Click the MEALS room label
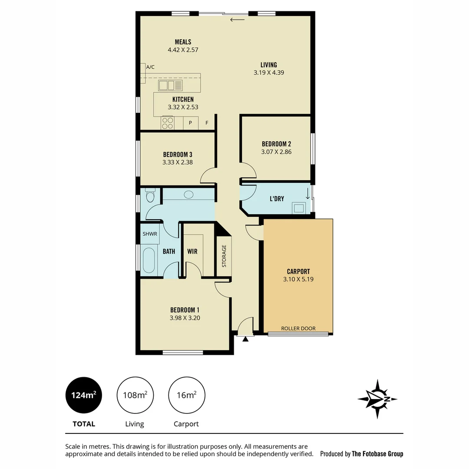183,42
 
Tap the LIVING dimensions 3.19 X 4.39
269,73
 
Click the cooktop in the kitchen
168,123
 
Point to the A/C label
150,67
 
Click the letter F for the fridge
207,123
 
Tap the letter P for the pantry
190,123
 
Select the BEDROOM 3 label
177,154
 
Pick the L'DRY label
277,199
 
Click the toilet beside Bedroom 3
150,196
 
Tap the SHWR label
150,234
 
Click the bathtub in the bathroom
149,261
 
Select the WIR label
192,251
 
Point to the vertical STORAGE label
224,256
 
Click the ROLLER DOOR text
298,328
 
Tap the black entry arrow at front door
245,339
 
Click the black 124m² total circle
83,395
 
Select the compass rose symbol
377,399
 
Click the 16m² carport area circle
187,395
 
